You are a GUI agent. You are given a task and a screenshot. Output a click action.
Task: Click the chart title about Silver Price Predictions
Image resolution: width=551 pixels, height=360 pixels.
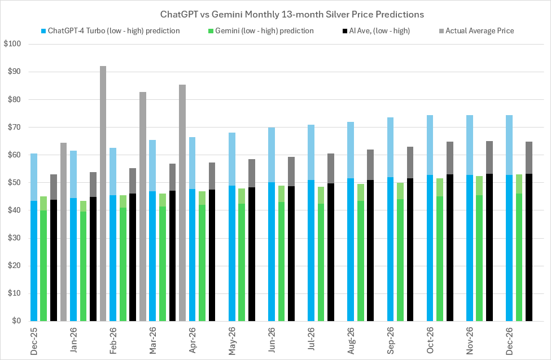click(x=275, y=14)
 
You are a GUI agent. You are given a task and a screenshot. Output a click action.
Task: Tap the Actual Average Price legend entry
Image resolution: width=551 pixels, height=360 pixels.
click(x=479, y=30)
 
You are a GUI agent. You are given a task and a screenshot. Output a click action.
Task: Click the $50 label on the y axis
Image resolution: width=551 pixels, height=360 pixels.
click(x=13, y=183)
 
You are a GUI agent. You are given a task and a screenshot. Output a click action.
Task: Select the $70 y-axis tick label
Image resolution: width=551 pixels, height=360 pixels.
click(x=13, y=128)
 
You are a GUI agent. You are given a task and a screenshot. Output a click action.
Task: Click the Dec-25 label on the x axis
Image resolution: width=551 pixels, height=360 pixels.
click(x=33, y=339)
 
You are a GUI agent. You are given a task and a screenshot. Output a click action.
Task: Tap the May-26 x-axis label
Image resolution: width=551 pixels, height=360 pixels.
click(x=232, y=339)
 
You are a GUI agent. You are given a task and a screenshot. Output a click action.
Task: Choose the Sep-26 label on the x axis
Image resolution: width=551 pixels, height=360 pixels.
click(x=391, y=339)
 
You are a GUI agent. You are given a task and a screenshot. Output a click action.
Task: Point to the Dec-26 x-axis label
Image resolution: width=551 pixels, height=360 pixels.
click(x=510, y=339)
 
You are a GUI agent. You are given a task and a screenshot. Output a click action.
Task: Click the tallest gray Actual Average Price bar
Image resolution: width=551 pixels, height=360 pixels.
click(x=103, y=192)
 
